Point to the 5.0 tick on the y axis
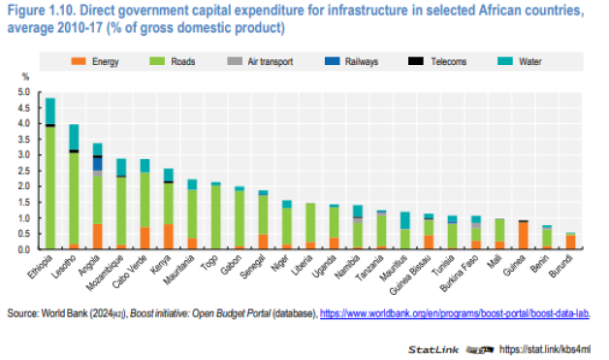point(23,92)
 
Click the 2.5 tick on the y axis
point(23,171)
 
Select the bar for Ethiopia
point(49,175)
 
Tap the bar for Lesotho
point(74,189)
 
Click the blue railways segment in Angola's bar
point(97,164)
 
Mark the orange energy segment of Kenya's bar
point(168,237)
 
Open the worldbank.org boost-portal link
point(455,312)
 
